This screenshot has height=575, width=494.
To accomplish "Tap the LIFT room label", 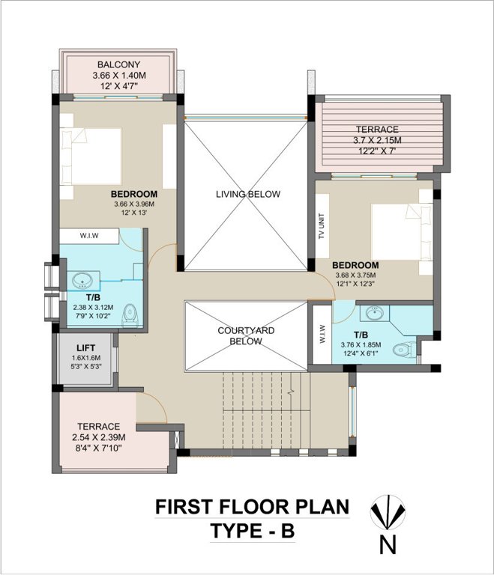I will tap(85, 347).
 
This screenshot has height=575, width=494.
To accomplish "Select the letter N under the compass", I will tap(388, 546).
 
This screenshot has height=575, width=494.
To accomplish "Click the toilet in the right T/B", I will tap(405, 349).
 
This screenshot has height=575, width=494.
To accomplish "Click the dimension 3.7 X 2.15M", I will tap(377, 140).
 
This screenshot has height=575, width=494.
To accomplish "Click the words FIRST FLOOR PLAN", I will tap(251, 508).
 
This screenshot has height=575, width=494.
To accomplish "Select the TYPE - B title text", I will tap(251, 532).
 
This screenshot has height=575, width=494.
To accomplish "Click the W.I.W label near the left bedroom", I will tap(89, 236).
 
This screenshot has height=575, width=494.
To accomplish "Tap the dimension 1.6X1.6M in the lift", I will tap(85, 359).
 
